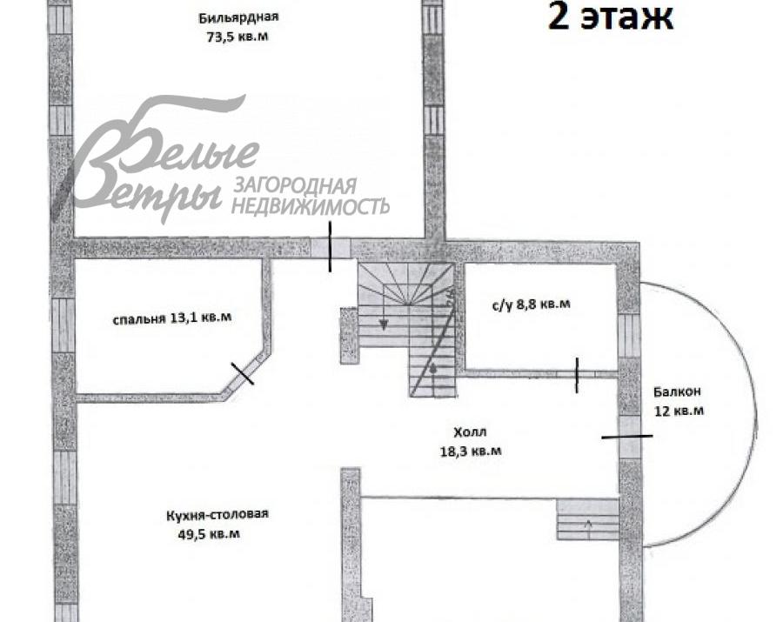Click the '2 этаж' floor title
(610, 17)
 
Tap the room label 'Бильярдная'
(231, 17)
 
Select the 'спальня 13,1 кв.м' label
(172, 318)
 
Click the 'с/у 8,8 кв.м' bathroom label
(531, 304)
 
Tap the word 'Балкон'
(678, 391)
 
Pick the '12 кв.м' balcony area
(680, 410)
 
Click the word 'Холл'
(470, 432)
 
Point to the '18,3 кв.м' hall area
(471, 451)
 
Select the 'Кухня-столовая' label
(217, 514)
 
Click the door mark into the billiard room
(330, 246)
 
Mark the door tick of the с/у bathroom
(577, 374)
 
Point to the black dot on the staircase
(432, 369)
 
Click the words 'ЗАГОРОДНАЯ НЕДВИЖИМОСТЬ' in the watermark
(310, 196)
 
